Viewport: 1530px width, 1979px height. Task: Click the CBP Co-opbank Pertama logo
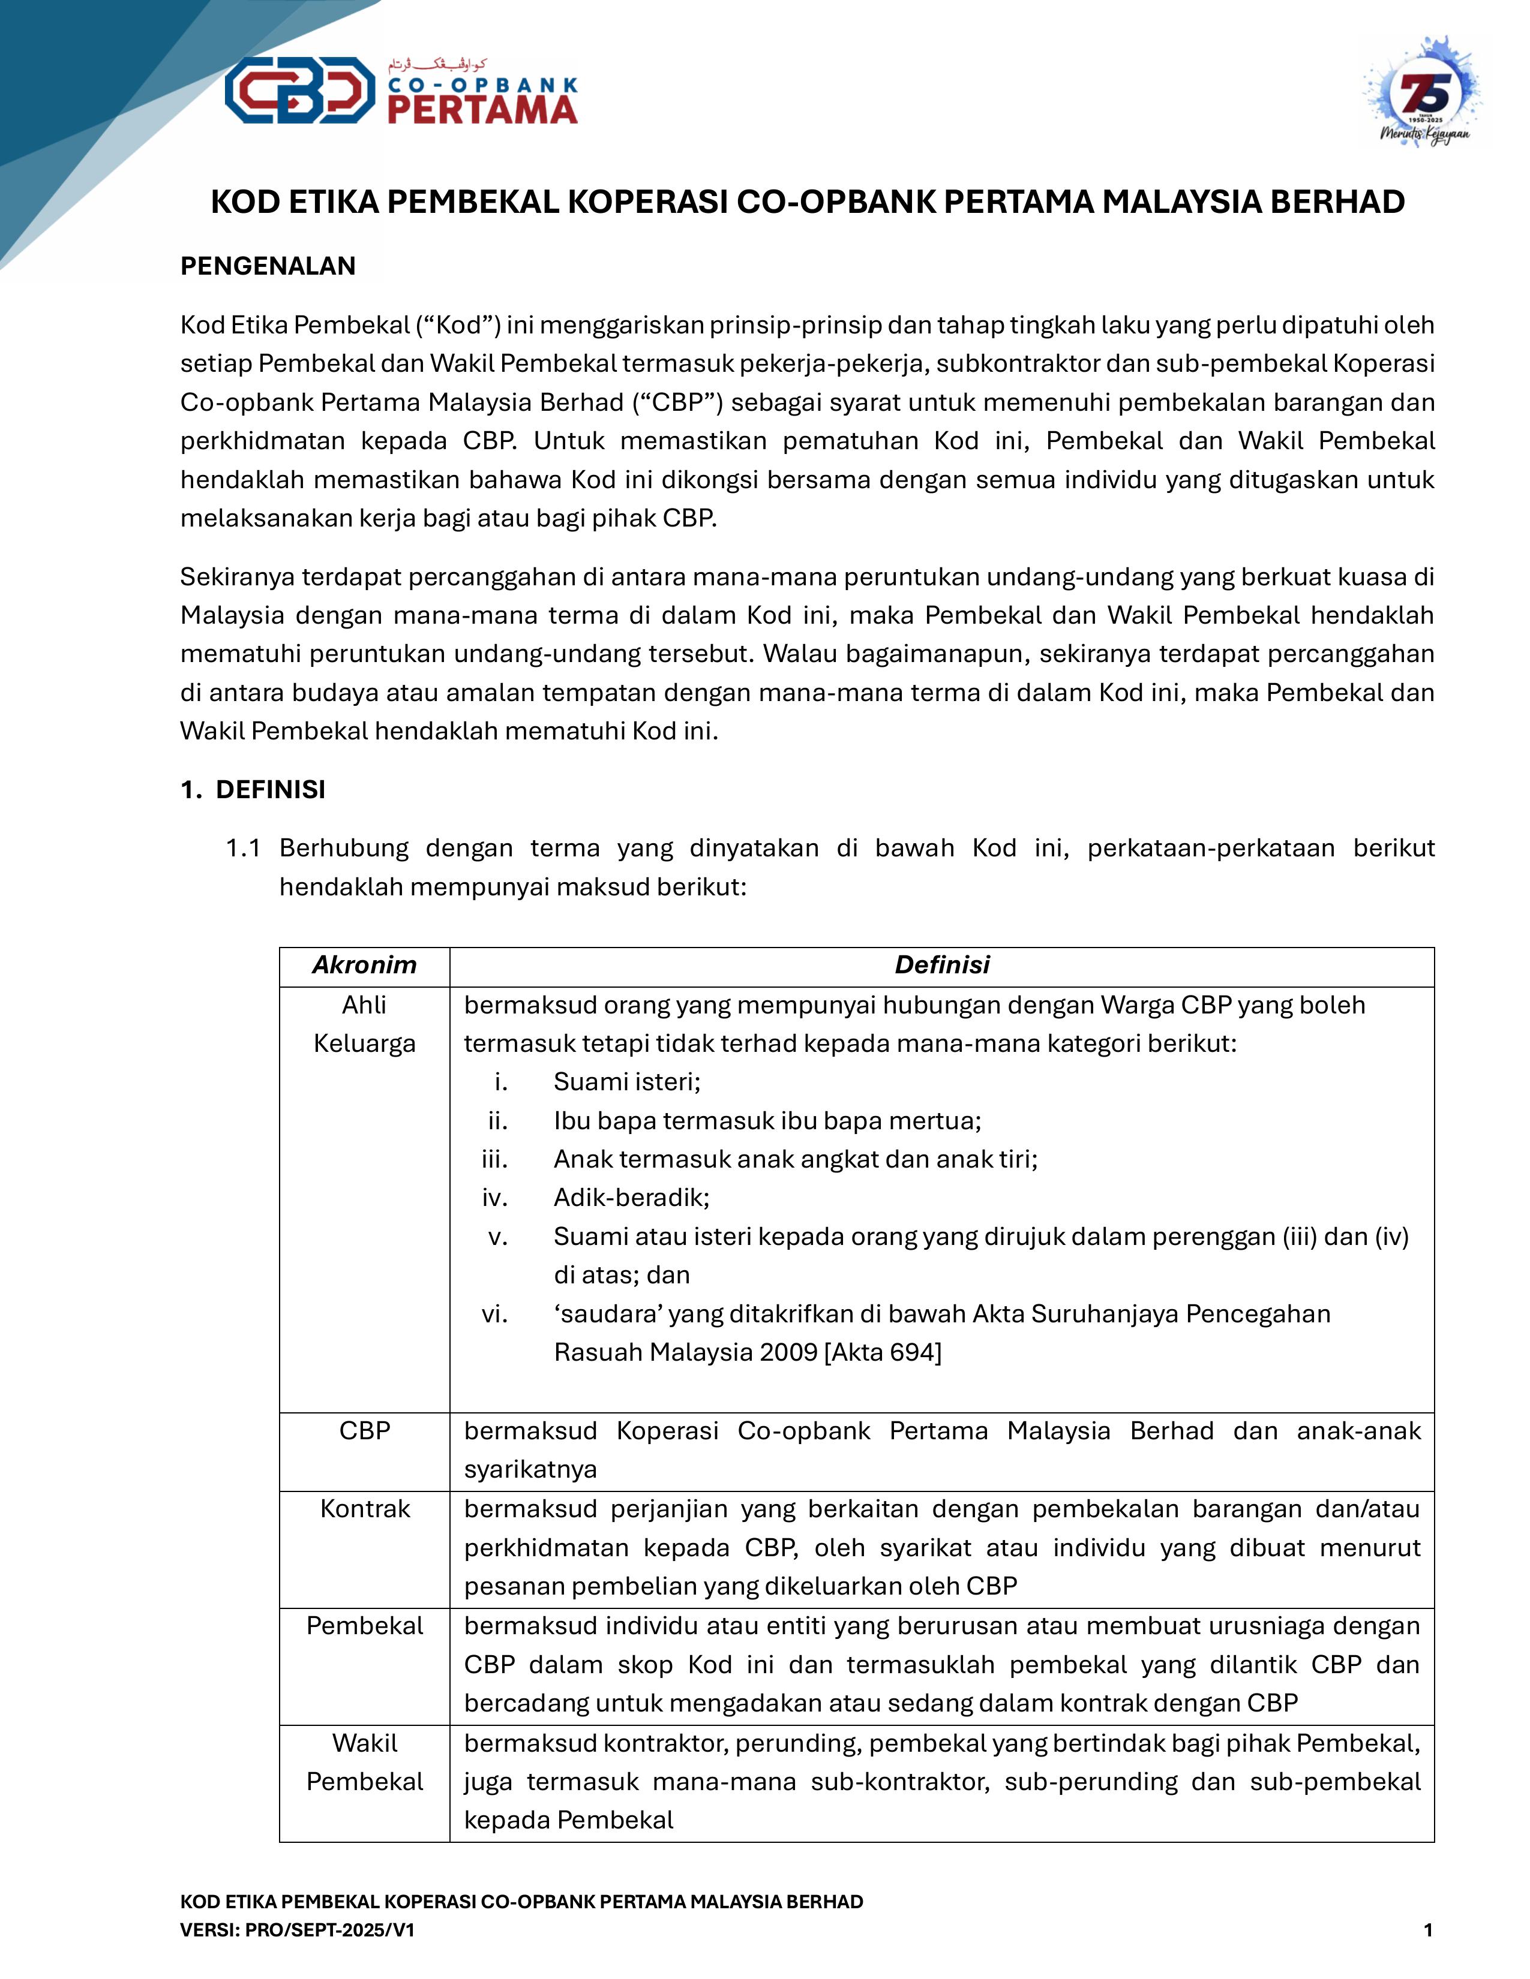(401, 90)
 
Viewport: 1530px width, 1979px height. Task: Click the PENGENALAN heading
(268, 266)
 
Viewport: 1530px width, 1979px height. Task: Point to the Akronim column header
(364, 965)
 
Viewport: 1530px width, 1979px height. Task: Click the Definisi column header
(942, 965)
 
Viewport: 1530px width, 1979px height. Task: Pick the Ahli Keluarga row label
(364, 1024)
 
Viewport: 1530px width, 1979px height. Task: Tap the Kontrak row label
(364, 1509)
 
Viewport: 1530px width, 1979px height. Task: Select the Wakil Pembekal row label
(364, 1763)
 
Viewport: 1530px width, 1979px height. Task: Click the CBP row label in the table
(364, 1431)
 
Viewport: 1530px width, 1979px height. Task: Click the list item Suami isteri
(627, 1082)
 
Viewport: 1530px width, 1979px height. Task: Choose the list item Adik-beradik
(632, 1198)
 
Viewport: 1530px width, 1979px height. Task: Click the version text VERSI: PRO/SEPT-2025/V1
(297, 1930)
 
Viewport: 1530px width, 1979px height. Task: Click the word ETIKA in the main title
(334, 202)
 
